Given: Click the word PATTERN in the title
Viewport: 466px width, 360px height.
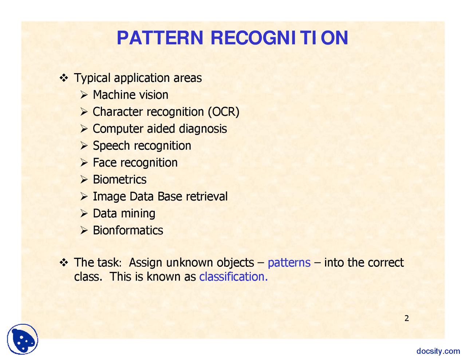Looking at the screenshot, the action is click(x=160, y=38).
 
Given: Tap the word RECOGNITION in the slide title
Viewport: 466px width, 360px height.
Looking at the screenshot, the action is click(x=279, y=38).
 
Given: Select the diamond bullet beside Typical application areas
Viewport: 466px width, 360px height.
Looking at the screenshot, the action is click(x=64, y=78).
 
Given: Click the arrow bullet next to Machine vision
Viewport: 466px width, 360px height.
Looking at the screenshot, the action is click(x=84, y=95).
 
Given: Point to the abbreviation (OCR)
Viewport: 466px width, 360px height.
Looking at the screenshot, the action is click(x=224, y=112).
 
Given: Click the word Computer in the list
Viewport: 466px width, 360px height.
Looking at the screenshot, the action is click(x=118, y=128).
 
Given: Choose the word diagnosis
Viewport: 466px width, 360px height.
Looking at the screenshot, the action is click(x=203, y=128).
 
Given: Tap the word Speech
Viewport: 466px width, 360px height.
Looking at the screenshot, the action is click(x=111, y=146).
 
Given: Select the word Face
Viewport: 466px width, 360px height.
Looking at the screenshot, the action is click(x=105, y=162).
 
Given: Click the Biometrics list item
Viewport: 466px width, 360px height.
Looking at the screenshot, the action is click(x=120, y=179).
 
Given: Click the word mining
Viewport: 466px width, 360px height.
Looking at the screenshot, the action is click(x=138, y=214).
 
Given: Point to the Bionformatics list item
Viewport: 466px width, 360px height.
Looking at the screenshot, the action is click(x=128, y=230).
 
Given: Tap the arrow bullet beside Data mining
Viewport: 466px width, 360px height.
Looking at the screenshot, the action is click(x=84, y=214).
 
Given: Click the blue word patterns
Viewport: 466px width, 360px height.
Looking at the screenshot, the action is click(x=289, y=263).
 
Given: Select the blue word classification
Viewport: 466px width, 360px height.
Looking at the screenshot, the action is click(x=233, y=276).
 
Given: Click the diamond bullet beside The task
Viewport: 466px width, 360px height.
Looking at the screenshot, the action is click(x=64, y=262).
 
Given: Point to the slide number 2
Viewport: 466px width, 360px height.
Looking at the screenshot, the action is click(x=406, y=318).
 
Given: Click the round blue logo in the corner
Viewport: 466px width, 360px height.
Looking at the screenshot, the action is click(x=23, y=339).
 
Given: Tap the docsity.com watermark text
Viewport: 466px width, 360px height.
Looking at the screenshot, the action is click(x=438, y=351).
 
